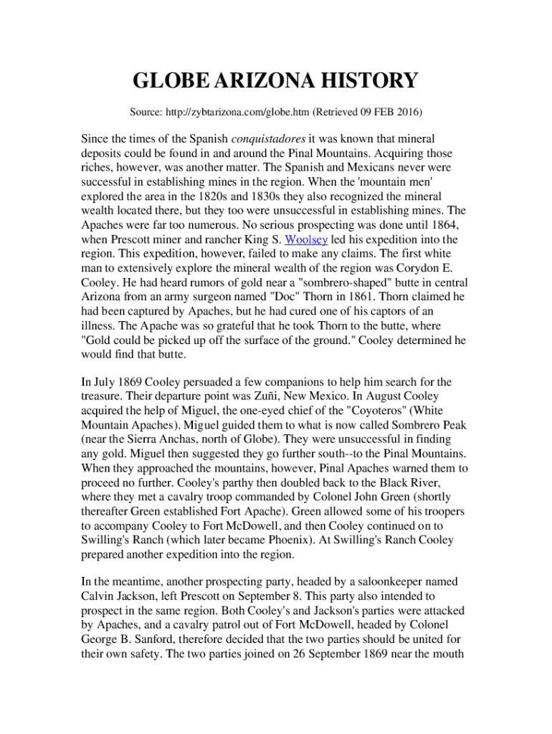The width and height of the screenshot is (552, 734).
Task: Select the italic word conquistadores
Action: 268,138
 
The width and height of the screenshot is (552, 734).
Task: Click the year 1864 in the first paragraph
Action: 443,225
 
